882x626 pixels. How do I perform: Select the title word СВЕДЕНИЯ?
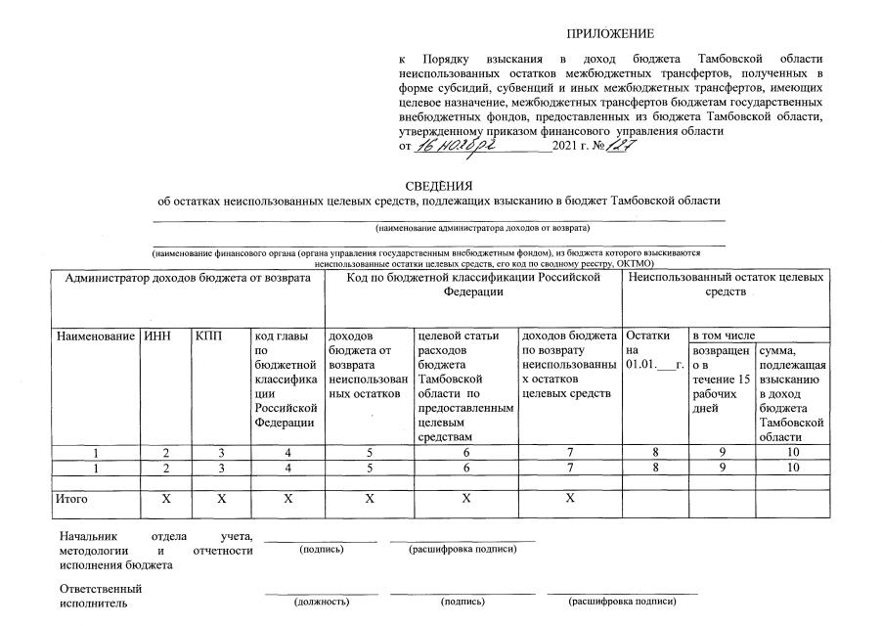click(439, 186)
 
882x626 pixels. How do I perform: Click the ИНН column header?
click(156, 335)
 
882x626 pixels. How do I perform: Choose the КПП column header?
click(208, 335)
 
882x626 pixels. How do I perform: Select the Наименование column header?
click(96, 335)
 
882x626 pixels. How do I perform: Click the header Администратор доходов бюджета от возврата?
click(188, 278)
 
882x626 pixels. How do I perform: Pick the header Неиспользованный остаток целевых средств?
click(726, 285)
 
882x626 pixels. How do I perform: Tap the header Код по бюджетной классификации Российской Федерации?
click(473, 285)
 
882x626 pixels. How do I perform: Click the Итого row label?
click(72, 499)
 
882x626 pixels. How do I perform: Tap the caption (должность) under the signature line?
click(322, 602)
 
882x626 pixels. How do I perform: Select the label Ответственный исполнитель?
click(101, 596)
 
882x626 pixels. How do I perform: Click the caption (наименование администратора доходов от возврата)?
click(483, 227)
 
